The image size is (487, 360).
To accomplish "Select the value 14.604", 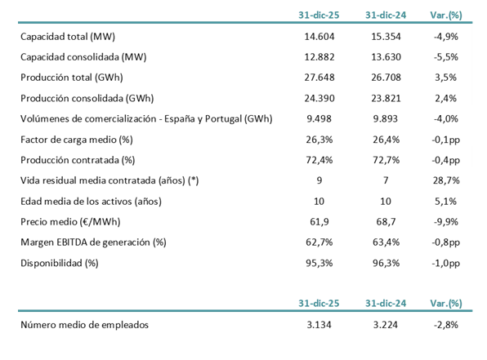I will click(x=315, y=38).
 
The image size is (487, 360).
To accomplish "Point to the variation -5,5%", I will click(x=445, y=58).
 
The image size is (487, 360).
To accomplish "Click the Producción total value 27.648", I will click(x=315, y=78).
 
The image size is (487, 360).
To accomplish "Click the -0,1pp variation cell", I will click(x=445, y=139).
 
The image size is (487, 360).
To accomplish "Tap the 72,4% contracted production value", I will click(x=315, y=159).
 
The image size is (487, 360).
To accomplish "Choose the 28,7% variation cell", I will click(x=445, y=180).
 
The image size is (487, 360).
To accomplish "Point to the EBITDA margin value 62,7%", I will click(x=315, y=241).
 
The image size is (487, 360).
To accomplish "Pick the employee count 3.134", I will click(x=315, y=325).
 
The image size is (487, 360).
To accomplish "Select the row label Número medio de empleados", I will click(x=84, y=325).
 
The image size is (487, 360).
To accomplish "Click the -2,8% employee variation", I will click(x=445, y=325).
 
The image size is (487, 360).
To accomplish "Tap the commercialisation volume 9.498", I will click(x=315, y=119).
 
